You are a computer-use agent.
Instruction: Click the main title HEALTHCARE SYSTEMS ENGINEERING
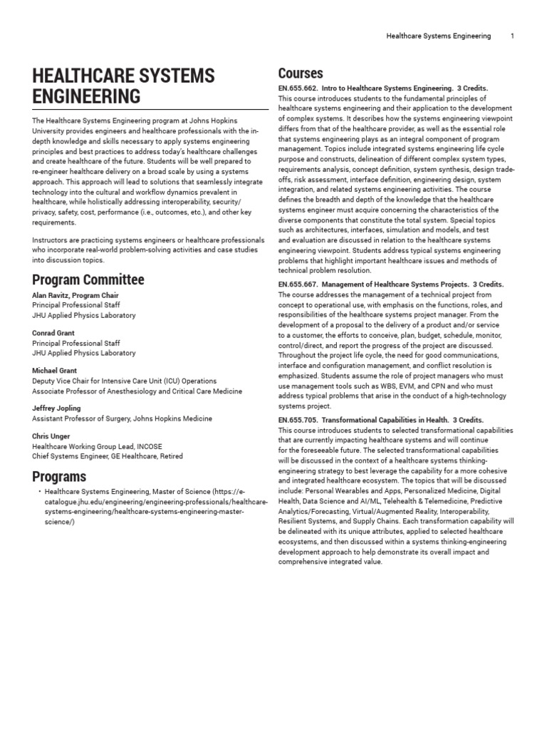123,86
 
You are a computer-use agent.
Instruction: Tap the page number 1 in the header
512,36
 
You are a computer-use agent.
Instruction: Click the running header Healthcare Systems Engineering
438,36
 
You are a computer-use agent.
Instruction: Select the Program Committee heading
88,279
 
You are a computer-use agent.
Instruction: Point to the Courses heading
300,73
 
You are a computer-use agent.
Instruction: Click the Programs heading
59,476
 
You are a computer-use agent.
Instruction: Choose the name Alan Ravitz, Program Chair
75,295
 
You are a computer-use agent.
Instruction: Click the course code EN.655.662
302,88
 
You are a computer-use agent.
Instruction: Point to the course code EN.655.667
302,284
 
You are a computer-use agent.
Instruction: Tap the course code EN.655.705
302,420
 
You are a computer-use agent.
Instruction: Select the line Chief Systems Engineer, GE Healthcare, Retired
107,456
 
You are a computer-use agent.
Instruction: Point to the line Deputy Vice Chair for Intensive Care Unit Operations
124,381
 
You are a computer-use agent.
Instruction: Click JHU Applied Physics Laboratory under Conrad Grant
83,352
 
